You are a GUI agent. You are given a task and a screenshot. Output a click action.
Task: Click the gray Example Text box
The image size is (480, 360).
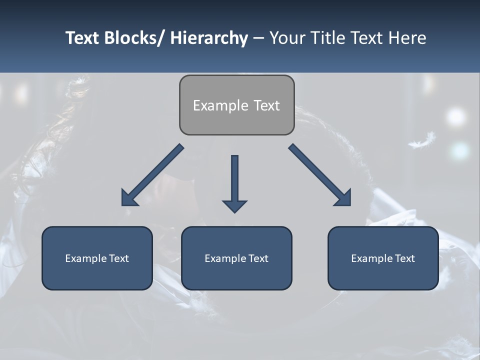click(236, 105)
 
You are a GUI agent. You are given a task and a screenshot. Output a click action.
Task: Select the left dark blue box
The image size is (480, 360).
click(97, 258)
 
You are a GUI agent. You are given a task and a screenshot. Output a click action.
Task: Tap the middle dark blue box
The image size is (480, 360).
click(236, 258)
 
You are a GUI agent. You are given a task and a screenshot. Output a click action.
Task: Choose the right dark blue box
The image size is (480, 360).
click(383, 258)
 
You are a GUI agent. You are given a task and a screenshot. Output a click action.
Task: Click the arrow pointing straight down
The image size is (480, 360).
click(234, 182)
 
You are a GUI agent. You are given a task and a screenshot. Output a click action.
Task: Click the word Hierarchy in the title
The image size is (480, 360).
click(208, 38)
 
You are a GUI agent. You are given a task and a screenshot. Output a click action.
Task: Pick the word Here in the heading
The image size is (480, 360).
click(407, 38)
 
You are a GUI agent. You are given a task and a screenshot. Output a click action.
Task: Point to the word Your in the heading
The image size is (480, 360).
click(286, 38)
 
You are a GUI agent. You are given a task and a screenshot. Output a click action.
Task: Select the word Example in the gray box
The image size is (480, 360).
click(220, 105)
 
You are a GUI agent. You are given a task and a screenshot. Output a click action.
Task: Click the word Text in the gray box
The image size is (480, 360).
click(265, 105)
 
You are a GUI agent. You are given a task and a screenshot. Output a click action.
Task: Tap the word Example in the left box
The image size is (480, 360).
click(86, 258)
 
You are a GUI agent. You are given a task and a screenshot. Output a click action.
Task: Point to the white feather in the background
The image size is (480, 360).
click(421, 141)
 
